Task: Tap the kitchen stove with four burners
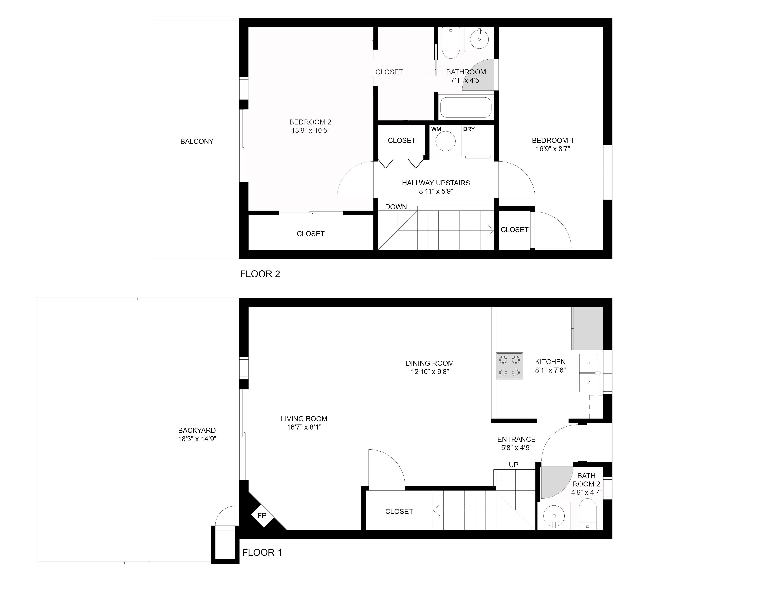click(x=509, y=366)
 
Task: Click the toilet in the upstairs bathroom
click(x=451, y=43)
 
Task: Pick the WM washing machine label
click(x=436, y=129)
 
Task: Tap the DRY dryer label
click(x=469, y=129)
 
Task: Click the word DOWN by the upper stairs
click(x=396, y=207)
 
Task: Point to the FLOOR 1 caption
click(x=262, y=553)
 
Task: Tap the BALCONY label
click(x=197, y=142)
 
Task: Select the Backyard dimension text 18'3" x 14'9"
click(x=197, y=439)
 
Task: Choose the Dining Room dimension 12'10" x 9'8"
click(x=430, y=372)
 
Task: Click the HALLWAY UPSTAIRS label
click(x=436, y=183)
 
